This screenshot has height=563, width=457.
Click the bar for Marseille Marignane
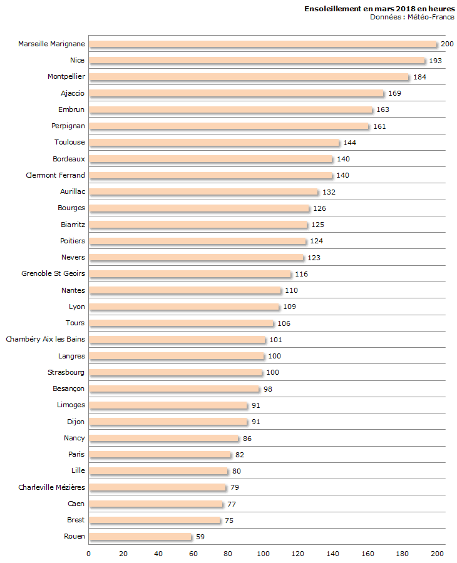[263, 44]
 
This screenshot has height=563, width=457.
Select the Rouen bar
[140, 536]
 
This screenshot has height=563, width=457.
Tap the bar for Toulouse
[214, 143]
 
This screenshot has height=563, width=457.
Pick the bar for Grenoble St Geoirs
[190, 274]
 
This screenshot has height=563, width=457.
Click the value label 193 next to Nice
[436, 61]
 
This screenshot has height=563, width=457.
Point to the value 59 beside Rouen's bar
[200, 537]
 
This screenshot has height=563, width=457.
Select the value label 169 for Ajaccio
[394, 93]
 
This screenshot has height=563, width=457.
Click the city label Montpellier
[66, 76]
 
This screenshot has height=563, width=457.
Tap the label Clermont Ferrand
[55, 175]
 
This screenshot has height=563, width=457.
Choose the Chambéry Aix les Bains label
[46, 339]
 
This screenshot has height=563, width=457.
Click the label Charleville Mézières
[52, 487]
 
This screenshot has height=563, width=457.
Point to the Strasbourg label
[66, 372]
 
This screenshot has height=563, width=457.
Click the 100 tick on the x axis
[263, 554]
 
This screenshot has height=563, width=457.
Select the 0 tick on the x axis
[89, 554]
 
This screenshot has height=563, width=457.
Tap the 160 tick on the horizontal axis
[368, 554]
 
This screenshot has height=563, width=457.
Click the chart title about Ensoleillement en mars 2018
[379, 9]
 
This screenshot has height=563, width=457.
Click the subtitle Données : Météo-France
[412, 17]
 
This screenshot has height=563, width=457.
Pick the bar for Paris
[160, 454]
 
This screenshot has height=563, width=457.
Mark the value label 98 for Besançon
[268, 389]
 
